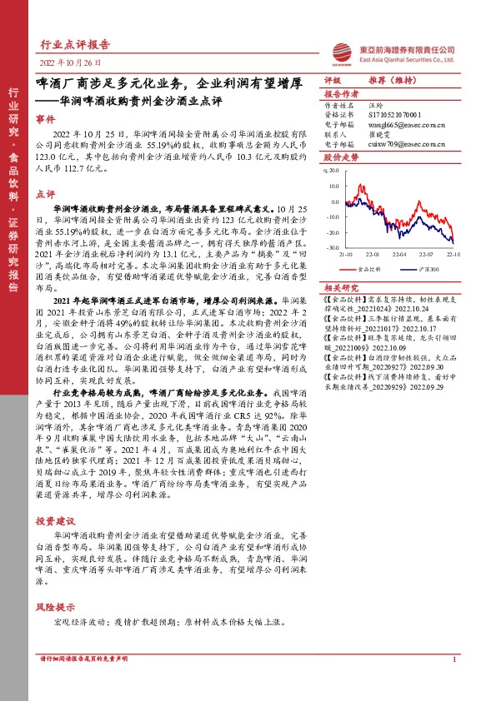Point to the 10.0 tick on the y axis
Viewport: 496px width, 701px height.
pyautogui.click(x=332, y=171)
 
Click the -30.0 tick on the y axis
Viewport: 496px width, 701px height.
pyautogui.click(x=332, y=247)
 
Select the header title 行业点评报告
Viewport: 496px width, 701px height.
pyautogui.click(x=75, y=44)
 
